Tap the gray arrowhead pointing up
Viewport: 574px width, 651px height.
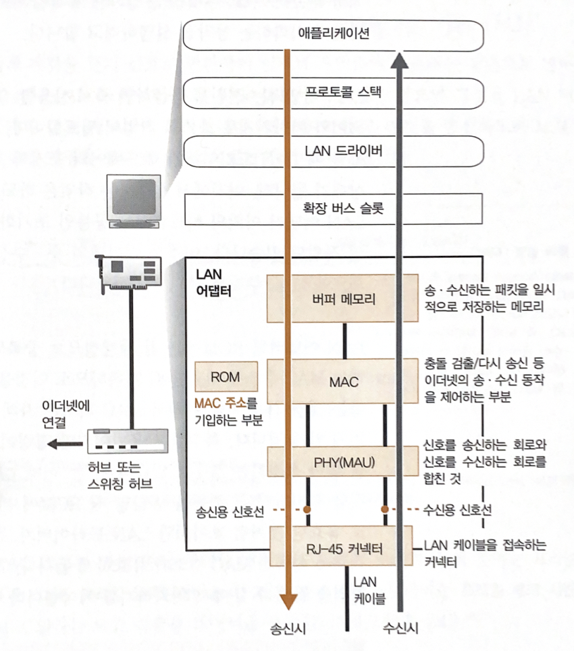[400, 63]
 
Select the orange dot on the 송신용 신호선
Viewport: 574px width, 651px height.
[307, 509]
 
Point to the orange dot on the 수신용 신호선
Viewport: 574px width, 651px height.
[385, 509]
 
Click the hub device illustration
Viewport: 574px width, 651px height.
[129, 442]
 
